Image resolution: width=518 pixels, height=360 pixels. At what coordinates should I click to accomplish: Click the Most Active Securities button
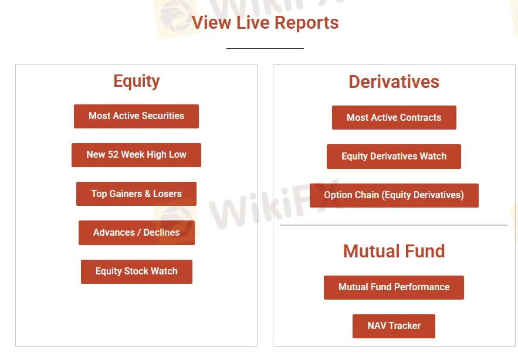click(136, 116)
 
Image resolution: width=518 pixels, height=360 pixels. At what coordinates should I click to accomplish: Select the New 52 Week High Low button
click(136, 155)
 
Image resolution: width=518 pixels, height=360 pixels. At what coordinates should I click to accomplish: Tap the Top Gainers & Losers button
click(136, 193)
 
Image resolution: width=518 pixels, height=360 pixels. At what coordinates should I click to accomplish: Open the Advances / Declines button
click(136, 232)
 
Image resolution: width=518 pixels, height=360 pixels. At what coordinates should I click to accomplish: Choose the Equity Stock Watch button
click(136, 271)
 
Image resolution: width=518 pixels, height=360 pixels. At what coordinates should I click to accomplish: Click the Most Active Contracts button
click(394, 117)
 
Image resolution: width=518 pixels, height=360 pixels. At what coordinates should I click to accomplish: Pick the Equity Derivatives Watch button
click(394, 157)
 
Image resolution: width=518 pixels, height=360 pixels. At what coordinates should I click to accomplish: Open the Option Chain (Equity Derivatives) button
click(394, 195)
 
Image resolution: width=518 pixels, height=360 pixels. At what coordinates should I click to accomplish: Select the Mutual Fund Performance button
click(394, 287)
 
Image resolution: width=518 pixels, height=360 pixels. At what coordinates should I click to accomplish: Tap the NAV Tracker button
click(394, 326)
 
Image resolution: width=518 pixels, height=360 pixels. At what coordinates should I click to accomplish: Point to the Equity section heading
click(137, 81)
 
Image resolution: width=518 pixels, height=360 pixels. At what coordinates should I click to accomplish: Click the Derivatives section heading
click(394, 81)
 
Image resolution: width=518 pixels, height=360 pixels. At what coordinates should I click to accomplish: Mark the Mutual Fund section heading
click(394, 251)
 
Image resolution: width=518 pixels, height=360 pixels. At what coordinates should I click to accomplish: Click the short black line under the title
click(265, 48)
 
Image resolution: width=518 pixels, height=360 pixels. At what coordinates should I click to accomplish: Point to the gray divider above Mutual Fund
click(394, 225)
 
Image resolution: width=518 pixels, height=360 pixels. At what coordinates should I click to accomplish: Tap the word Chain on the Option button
click(367, 195)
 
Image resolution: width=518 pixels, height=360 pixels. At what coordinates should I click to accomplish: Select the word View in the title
click(212, 23)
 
